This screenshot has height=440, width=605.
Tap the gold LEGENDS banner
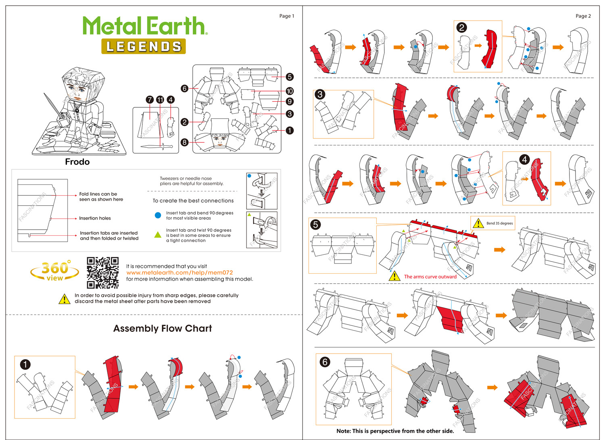(144, 46)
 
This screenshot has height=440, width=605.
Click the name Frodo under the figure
(77, 162)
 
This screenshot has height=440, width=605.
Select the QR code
(103, 273)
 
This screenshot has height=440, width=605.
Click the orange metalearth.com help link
(179, 272)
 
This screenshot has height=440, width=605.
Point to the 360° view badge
(55, 271)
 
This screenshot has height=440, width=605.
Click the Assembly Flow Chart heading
(163, 329)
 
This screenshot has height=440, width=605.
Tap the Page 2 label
(583, 16)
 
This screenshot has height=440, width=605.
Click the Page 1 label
(287, 16)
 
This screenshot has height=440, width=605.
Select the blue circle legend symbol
(158, 215)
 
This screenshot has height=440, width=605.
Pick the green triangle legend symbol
(158, 235)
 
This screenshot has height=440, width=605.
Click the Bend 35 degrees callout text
(499, 223)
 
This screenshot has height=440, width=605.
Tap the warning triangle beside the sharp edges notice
(65, 299)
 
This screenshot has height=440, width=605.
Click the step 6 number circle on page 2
(325, 362)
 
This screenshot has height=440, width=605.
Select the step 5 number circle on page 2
(316, 224)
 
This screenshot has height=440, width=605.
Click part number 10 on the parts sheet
(290, 91)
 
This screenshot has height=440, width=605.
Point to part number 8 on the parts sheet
(185, 142)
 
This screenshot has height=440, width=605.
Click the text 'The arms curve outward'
(430, 277)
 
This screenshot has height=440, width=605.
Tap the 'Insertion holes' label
(95, 218)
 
